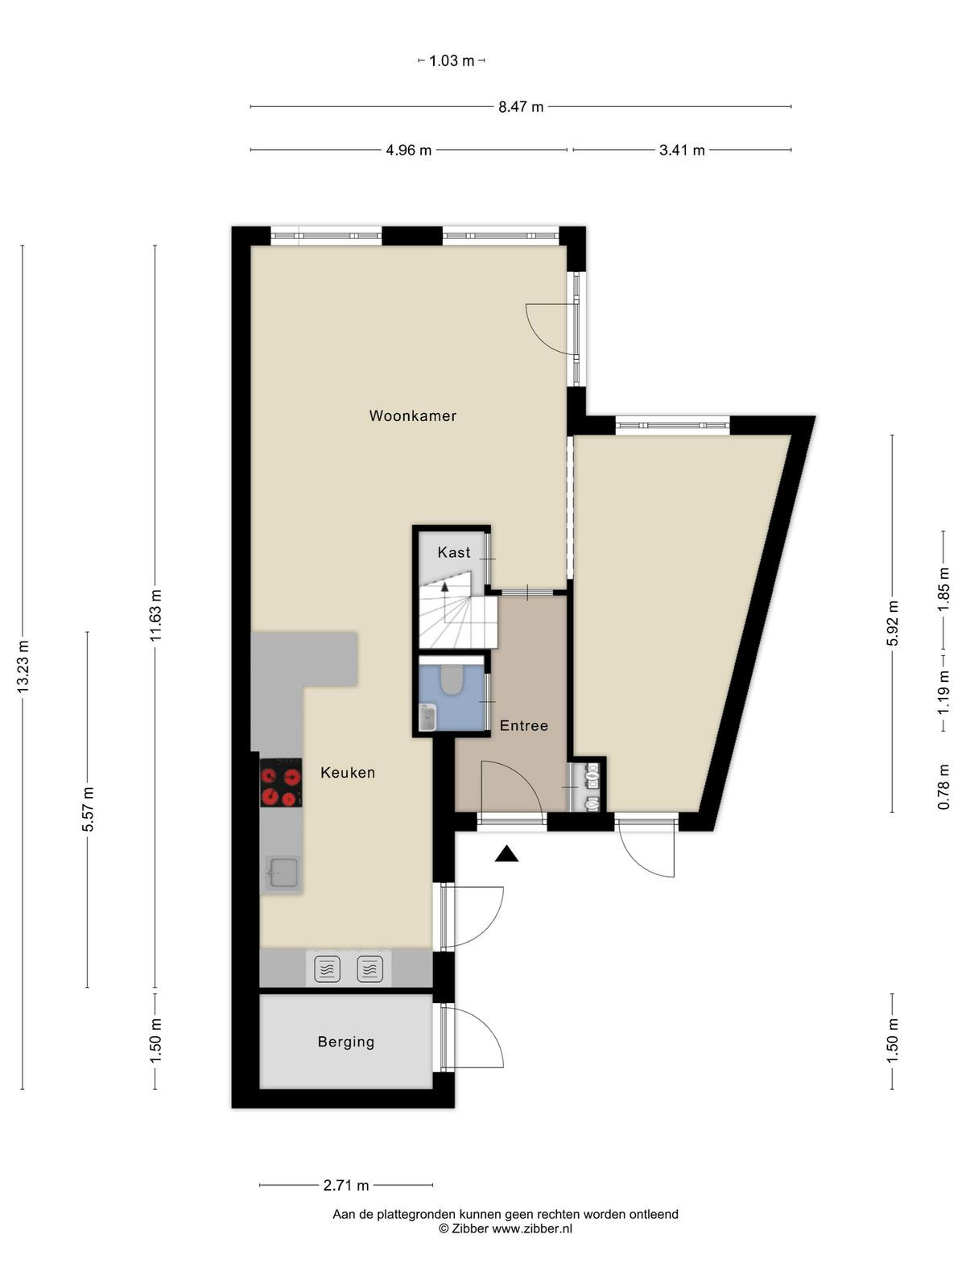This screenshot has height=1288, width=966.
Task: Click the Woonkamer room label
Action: (x=412, y=415)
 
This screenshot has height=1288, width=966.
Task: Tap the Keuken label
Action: (x=348, y=772)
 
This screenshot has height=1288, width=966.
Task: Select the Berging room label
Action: (x=346, y=1042)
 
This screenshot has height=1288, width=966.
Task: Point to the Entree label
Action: (x=524, y=725)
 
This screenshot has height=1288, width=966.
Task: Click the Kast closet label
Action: (x=454, y=552)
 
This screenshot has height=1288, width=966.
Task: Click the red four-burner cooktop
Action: (x=281, y=782)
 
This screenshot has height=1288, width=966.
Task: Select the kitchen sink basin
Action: (x=283, y=874)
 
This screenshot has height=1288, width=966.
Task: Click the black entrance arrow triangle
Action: (x=506, y=854)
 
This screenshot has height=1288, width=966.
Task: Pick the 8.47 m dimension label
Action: (x=521, y=107)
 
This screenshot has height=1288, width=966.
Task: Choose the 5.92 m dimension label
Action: (x=892, y=623)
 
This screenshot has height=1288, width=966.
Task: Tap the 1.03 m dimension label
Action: (x=452, y=60)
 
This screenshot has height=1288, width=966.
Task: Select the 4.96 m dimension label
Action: (x=408, y=151)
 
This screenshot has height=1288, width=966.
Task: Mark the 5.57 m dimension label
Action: (x=88, y=809)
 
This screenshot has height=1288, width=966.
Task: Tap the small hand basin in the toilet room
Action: (x=427, y=718)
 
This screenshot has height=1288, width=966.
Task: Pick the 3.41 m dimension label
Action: (x=682, y=151)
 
